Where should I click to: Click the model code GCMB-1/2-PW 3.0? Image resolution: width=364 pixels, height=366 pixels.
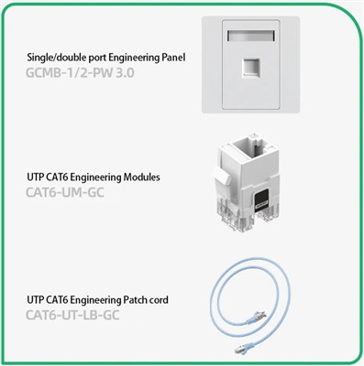pos(80,73)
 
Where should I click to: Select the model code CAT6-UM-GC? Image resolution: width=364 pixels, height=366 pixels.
pos(65,192)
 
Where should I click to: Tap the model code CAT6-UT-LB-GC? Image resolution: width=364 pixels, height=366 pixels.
pos(72,315)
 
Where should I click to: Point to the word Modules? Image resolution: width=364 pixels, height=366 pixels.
pos(141,177)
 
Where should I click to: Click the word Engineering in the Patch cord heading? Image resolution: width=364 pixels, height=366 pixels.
pos(97,300)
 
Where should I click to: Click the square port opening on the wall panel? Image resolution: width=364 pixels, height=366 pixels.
pos(250,68)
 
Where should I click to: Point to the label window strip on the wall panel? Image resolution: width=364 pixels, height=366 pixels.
pos(250,36)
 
